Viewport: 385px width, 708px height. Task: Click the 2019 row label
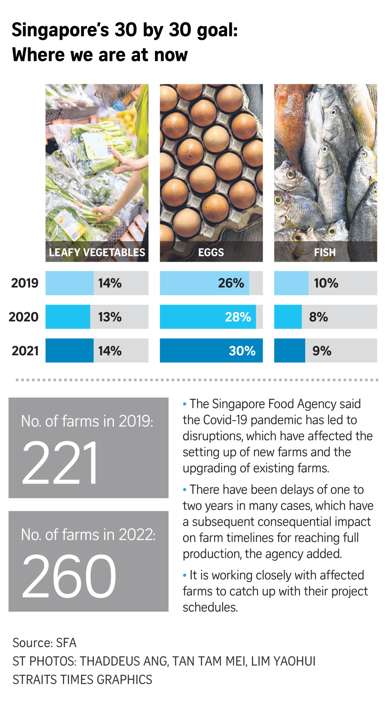pyautogui.click(x=24, y=283)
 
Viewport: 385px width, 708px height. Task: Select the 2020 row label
pyautogui.click(x=24, y=317)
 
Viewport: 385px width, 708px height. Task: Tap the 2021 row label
pyautogui.click(x=25, y=350)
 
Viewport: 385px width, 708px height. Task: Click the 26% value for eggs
pyautogui.click(x=231, y=283)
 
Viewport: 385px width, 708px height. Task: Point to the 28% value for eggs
pyautogui.click(x=238, y=317)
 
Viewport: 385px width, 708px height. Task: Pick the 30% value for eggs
pyautogui.click(x=242, y=350)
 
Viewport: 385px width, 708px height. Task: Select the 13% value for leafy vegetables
pyautogui.click(x=110, y=317)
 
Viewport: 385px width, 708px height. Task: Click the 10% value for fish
pyautogui.click(x=326, y=283)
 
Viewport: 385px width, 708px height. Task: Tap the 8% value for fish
pyautogui.click(x=318, y=317)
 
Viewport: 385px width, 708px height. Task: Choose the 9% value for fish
pyautogui.click(x=322, y=350)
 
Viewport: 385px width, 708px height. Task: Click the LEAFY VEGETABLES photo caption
pyautogui.click(x=97, y=252)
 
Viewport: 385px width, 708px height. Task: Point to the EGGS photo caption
pyautogui.click(x=211, y=252)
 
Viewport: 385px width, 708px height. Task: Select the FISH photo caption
pyautogui.click(x=325, y=252)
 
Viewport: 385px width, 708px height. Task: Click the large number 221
pyautogui.click(x=60, y=463)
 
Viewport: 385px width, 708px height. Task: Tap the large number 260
pyautogui.click(x=69, y=576)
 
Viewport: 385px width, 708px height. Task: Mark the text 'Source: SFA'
pyautogui.click(x=45, y=643)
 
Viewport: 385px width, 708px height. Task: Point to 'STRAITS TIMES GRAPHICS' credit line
pyautogui.click(x=82, y=680)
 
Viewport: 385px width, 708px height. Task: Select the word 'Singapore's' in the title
pyautogui.click(x=60, y=30)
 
